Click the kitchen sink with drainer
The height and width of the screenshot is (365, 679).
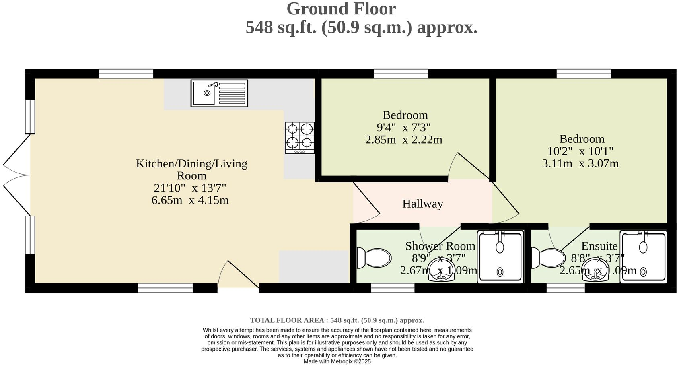click(219, 93)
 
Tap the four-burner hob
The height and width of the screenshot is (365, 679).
click(300, 138)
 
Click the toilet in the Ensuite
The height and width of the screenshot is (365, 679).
click(548, 258)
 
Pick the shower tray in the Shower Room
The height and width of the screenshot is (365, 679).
click(500, 257)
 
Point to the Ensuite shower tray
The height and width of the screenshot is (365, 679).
click(644, 257)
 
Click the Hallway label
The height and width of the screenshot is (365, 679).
click(422, 204)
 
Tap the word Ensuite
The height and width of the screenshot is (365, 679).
click(599, 246)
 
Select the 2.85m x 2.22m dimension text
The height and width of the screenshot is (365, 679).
click(403, 140)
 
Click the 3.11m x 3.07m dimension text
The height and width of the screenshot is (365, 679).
click(580, 163)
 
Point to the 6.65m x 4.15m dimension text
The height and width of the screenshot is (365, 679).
click(190, 200)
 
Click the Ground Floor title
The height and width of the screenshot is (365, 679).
click(341, 9)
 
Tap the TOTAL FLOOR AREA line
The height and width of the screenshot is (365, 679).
click(337, 320)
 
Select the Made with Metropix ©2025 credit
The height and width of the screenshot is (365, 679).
click(337, 361)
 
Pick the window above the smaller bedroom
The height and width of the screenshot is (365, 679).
click(401, 74)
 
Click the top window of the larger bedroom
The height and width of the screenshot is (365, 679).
click(584, 74)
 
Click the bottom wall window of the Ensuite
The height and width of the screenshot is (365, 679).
click(565, 288)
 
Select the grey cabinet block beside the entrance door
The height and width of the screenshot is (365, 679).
click(313, 266)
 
